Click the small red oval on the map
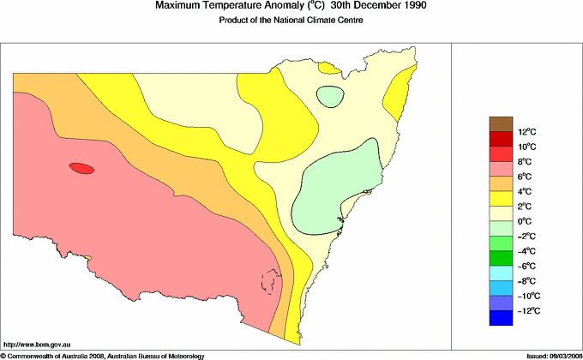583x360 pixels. (81, 169)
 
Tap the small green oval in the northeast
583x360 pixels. (329, 96)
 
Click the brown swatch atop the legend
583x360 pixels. (500, 123)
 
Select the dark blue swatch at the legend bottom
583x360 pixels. (500, 318)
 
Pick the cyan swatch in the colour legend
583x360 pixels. (500, 273)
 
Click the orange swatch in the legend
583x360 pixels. (500, 183)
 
